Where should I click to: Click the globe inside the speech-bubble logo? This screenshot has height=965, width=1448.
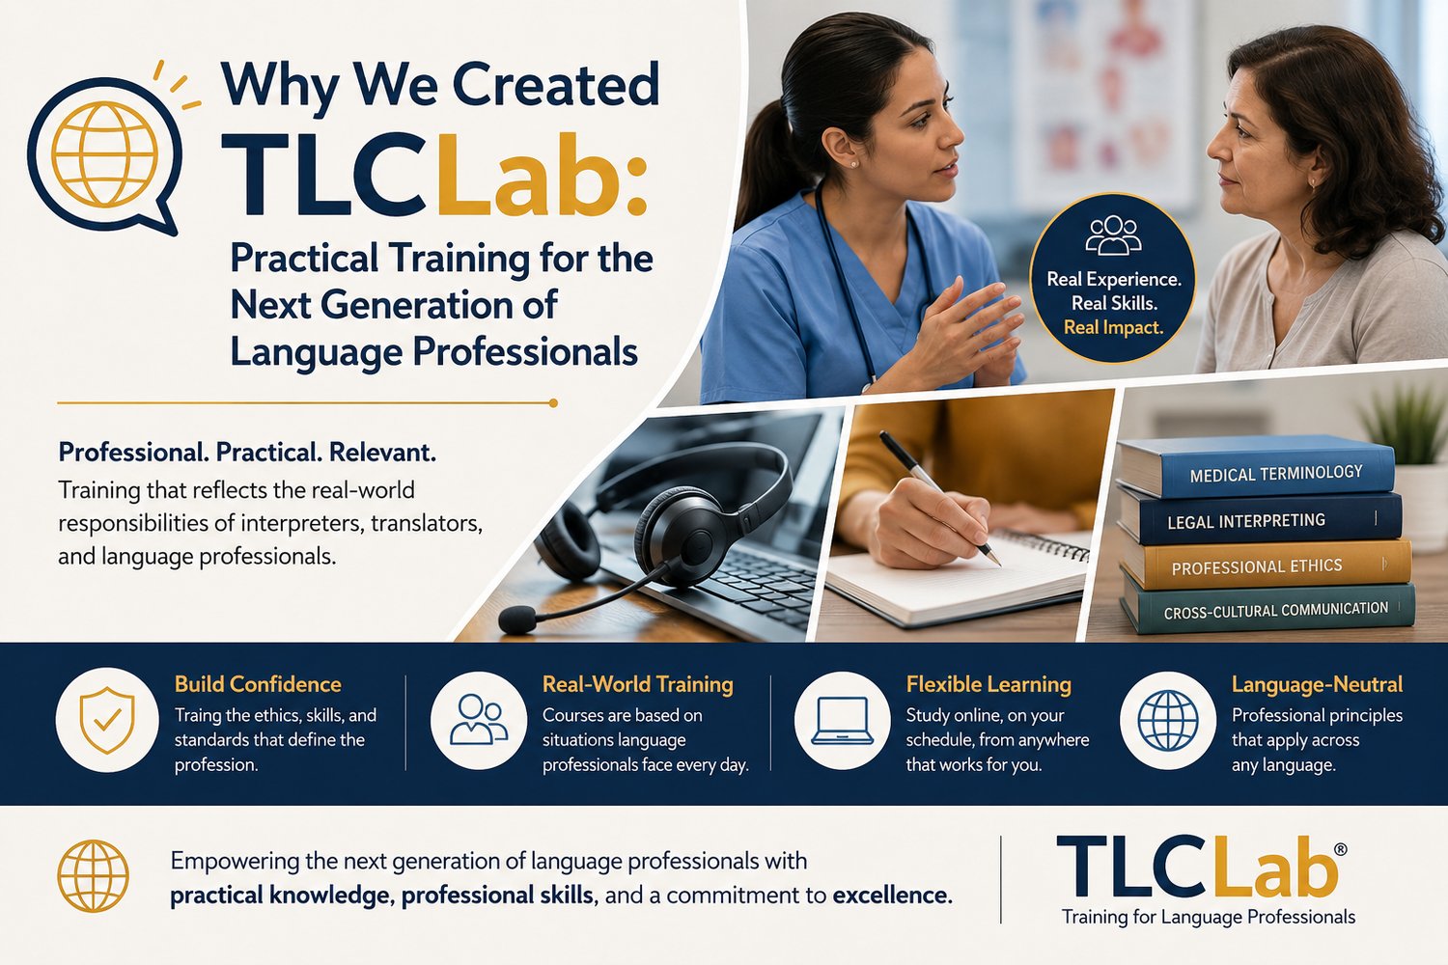(104, 153)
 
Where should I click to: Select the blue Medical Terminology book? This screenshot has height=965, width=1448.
(1255, 467)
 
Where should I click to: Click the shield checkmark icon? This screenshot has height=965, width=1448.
(107, 720)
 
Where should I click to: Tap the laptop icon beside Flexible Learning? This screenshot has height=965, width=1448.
(843, 721)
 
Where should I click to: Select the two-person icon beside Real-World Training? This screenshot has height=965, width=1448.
(479, 719)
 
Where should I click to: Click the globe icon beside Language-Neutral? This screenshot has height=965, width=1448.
(1167, 720)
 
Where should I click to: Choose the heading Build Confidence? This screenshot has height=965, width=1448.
(258, 684)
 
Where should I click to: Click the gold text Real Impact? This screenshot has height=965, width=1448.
(1113, 327)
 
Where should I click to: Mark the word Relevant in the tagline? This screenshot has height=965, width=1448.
(382, 453)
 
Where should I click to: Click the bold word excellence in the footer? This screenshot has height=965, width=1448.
(892, 896)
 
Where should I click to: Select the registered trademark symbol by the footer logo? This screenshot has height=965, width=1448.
(1340, 848)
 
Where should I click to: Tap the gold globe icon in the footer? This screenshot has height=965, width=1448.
(93, 875)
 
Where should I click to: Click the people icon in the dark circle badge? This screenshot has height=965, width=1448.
(1112, 234)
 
